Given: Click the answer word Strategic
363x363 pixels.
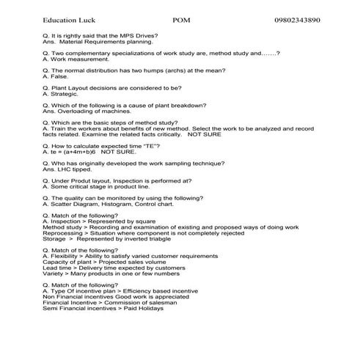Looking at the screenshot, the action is tap(62, 94).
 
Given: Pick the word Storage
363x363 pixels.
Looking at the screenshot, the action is tap(55, 239).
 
